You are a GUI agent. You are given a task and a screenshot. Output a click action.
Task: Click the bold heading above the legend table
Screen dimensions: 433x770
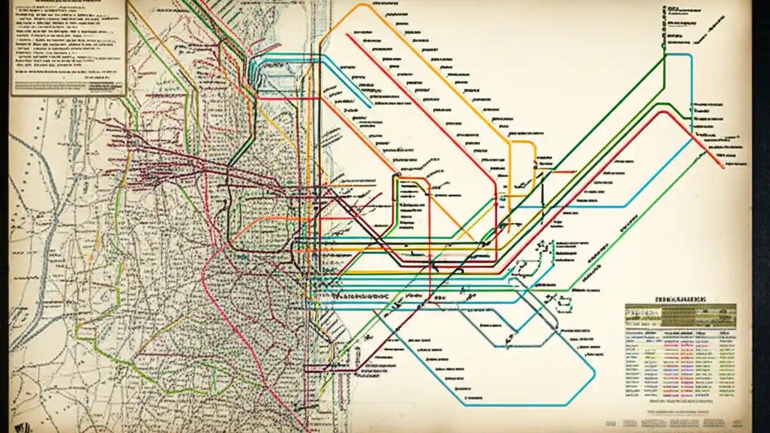680,298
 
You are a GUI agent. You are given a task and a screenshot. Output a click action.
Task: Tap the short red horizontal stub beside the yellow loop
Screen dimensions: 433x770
564,171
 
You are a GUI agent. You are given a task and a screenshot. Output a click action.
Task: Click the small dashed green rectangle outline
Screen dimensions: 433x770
564,306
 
